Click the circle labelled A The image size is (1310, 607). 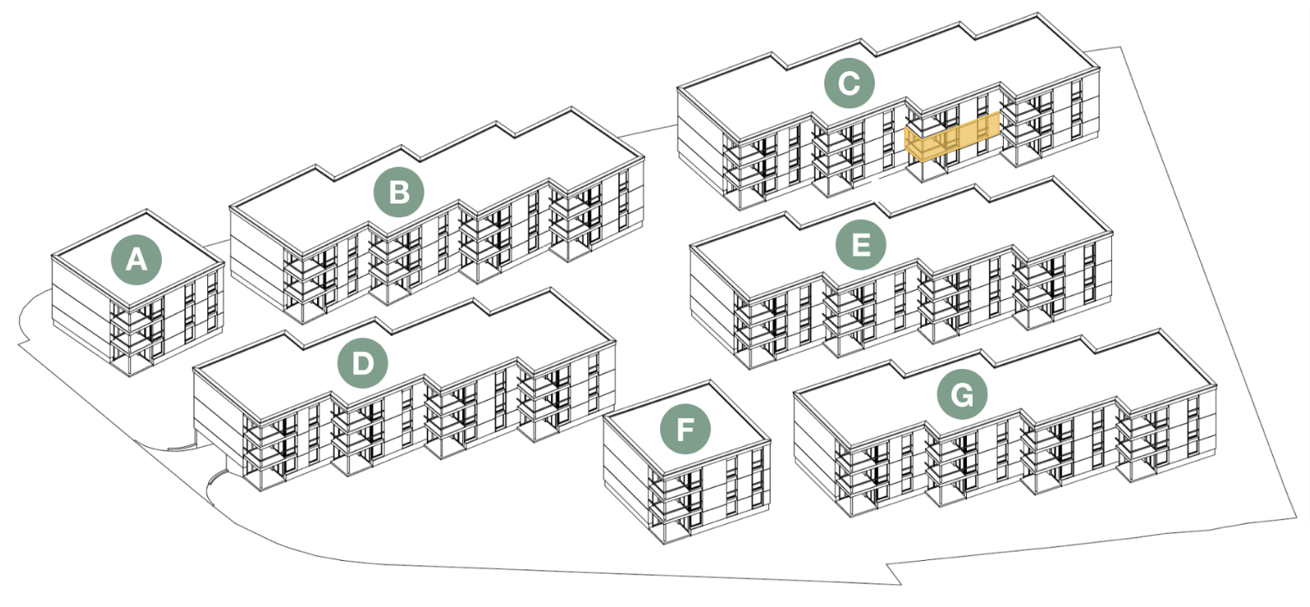(137, 261)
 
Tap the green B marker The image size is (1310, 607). (399, 193)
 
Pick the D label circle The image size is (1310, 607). (362, 364)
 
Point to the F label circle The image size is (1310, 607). (685, 431)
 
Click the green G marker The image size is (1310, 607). (961, 393)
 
